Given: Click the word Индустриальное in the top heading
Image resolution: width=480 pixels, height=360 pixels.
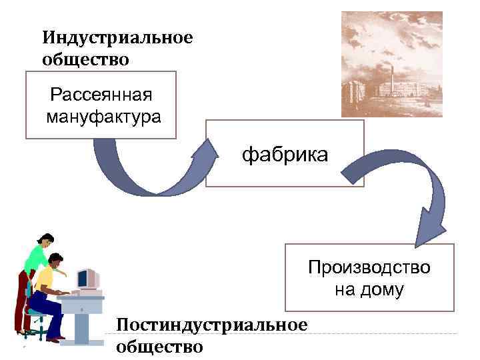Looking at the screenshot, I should coord(117,38).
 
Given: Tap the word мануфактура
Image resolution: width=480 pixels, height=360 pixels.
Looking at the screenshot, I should coord(103,118).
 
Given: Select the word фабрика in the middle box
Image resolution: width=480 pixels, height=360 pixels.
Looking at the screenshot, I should coord(285,156).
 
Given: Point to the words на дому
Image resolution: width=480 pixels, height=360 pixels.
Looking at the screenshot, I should coord(369,291).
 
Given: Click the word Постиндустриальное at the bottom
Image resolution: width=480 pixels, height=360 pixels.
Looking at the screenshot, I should coord(211,325).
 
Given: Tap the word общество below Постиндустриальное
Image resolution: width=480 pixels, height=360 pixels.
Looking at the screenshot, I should coord(159,347).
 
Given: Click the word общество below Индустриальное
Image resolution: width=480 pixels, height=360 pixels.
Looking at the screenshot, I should coord(85,59).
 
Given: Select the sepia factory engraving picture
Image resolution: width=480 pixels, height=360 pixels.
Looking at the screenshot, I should coord(391,64).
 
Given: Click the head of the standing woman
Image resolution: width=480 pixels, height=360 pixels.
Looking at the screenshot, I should coord(45,241).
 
